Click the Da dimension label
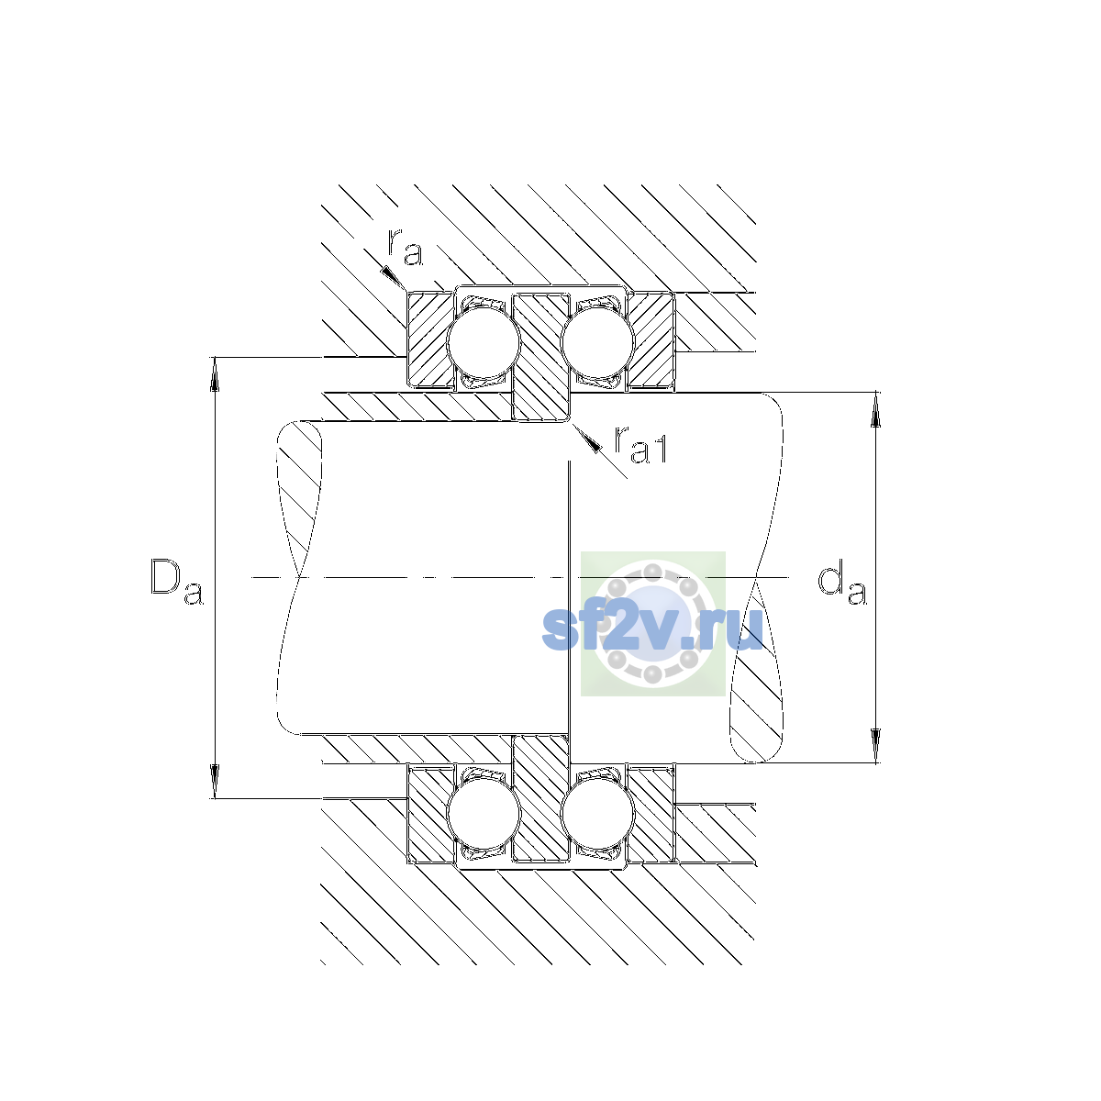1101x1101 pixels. pyautogui.click(x=176, y=582)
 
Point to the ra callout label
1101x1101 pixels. pyautogui.click(x=406, y=248)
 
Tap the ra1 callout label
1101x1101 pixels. pyautogui.click(x=639, y=446)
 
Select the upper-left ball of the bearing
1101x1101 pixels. pyautogui.click(x=484, y=343)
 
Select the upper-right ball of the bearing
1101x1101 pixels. pyautogui.click(x=597, y=343)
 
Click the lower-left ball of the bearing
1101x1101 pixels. pyautogui.click(x=484, y=814)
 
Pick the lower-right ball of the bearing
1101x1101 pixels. pyautogui.click(x=597, y=814)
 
